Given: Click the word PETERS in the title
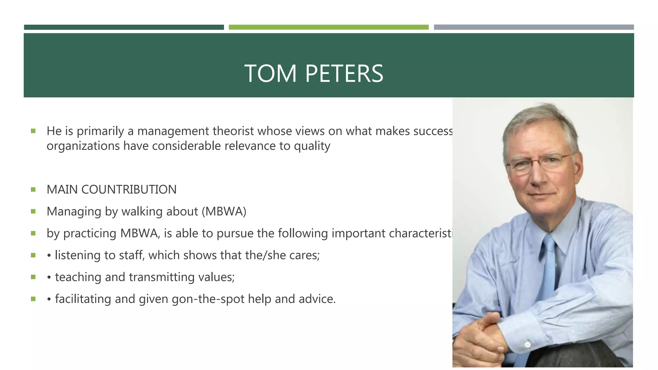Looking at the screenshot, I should pos(344,74).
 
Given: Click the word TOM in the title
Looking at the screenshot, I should pos(270,74).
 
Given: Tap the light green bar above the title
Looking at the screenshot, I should pos(328,27).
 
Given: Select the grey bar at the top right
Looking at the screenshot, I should pos(534,27).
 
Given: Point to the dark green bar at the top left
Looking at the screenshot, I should pos(124,27).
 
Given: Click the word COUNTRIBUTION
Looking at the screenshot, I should pos(129,189).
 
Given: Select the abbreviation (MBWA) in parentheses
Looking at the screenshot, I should pos(224,211).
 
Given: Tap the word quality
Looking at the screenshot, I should pos(312,146).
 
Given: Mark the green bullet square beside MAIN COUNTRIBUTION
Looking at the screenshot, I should pos(33,189).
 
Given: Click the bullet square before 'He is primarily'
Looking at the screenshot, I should pos(33,131).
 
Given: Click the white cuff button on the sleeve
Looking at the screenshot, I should pos(527,345).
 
